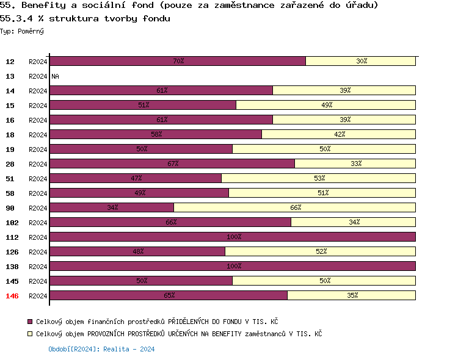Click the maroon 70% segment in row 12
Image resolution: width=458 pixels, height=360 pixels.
pos(177,61)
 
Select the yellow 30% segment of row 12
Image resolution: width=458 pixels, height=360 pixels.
pos(360,61)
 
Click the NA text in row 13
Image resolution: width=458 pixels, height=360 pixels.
pos(55,76)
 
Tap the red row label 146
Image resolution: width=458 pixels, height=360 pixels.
pos(12,296)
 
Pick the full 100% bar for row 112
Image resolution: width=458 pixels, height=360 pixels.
pos(232,237)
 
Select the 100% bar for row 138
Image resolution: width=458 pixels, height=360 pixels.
pos(232,266)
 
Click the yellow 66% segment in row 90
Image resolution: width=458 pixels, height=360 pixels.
pos(294,207)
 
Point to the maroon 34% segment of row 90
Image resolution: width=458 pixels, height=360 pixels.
pos(111,207)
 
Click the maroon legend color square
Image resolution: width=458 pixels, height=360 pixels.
pos(30,321)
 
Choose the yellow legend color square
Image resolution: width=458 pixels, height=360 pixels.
pos(30,334)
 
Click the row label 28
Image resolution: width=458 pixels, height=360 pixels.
pos(10,164)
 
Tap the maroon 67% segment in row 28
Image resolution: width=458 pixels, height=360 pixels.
pos(172,164)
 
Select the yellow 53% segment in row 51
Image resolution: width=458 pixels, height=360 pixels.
pos(318,178)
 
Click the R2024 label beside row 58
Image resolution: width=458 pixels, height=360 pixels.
pos(38,193)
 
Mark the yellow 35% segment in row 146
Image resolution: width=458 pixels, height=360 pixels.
pos(351,295)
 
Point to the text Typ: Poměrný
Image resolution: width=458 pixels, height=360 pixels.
pos(22,31)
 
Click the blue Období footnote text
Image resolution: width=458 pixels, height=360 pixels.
pos(101,350)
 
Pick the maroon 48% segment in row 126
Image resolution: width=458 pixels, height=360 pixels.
pos(137,251)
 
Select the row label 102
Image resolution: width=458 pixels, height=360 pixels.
pos(12,223)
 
